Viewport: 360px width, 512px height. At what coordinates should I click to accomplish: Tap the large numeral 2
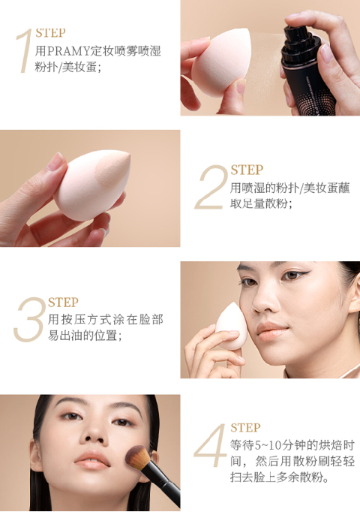[x=211, y=188]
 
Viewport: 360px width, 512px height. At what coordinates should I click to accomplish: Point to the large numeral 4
[x=210, y=445]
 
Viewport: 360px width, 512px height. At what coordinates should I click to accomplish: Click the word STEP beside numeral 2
[x=247, y=170]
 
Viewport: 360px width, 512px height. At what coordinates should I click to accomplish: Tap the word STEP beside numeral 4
[x=245, y=427]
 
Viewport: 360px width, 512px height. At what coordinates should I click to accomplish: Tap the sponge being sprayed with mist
[x=220, y=62]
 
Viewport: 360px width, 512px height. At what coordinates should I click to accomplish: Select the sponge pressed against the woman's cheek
[x=231, y=326]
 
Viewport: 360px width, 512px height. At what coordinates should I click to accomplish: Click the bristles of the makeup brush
[x=137, y=457]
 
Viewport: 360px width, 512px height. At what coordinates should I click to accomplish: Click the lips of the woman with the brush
[x=92, y=459]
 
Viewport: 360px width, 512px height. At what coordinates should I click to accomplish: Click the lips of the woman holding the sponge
[x=271, y=330]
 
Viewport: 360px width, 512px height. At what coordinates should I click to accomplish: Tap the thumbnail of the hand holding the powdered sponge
[x=56, y=161]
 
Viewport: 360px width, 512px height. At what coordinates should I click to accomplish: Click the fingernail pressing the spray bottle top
[x=326, y=52]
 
